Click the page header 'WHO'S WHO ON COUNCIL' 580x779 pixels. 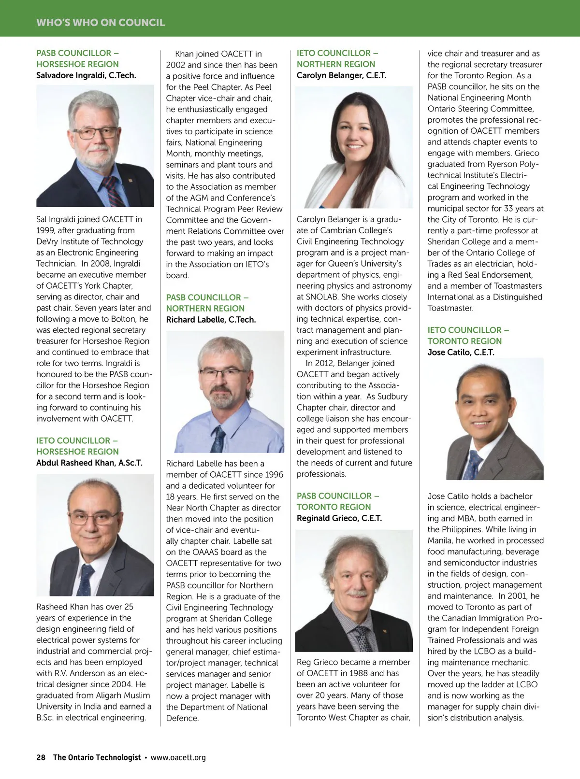click(101, 23)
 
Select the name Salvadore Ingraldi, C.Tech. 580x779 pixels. click(86, 75)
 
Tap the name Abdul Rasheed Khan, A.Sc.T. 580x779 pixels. click(89, 463)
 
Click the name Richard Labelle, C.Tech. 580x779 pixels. click(211, 320)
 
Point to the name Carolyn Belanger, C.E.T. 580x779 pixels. click(341, 75)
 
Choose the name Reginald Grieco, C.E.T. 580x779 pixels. click(339, 518)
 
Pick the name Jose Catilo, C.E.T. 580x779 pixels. click(461, 352)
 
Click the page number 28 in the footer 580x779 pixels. click(41, 757)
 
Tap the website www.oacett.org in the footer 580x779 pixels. click(178, 757)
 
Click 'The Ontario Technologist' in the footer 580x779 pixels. click(97, 757)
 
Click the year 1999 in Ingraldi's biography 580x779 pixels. click(46, 230)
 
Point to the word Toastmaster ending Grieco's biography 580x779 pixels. click(450, 308)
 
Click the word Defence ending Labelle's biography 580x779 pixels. click(182, 718)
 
